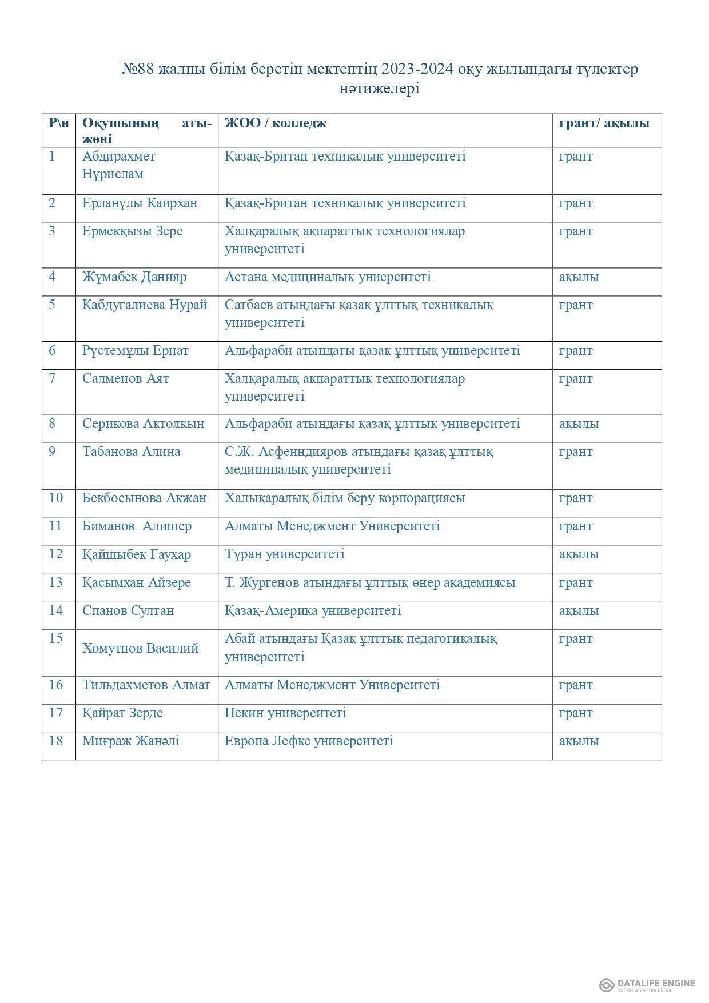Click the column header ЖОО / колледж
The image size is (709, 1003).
pos(275,123)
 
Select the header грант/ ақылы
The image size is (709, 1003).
pos(604,123)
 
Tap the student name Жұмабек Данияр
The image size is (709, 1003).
pos(134,277)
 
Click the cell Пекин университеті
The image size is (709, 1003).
pos(285,713)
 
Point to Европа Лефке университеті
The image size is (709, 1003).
pos(309,741)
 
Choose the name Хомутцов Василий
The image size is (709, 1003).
pos(141,648)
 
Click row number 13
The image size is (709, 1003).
pos(55,582)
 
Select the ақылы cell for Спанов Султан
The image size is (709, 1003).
pos(579,610)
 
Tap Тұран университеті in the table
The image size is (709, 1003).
pos(284,554)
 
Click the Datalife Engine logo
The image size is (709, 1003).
pos(647,985)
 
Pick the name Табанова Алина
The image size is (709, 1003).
pos(132,451)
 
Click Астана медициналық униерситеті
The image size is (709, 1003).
pos(328,277)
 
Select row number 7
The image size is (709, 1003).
pos(52,378)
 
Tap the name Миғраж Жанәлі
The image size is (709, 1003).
pos(131,741)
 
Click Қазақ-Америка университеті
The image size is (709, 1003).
pos(313,610)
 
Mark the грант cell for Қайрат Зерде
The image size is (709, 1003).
pos(576,713)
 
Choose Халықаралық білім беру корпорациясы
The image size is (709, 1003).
pos(345,498)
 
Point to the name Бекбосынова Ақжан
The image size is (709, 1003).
pos(144,498)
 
